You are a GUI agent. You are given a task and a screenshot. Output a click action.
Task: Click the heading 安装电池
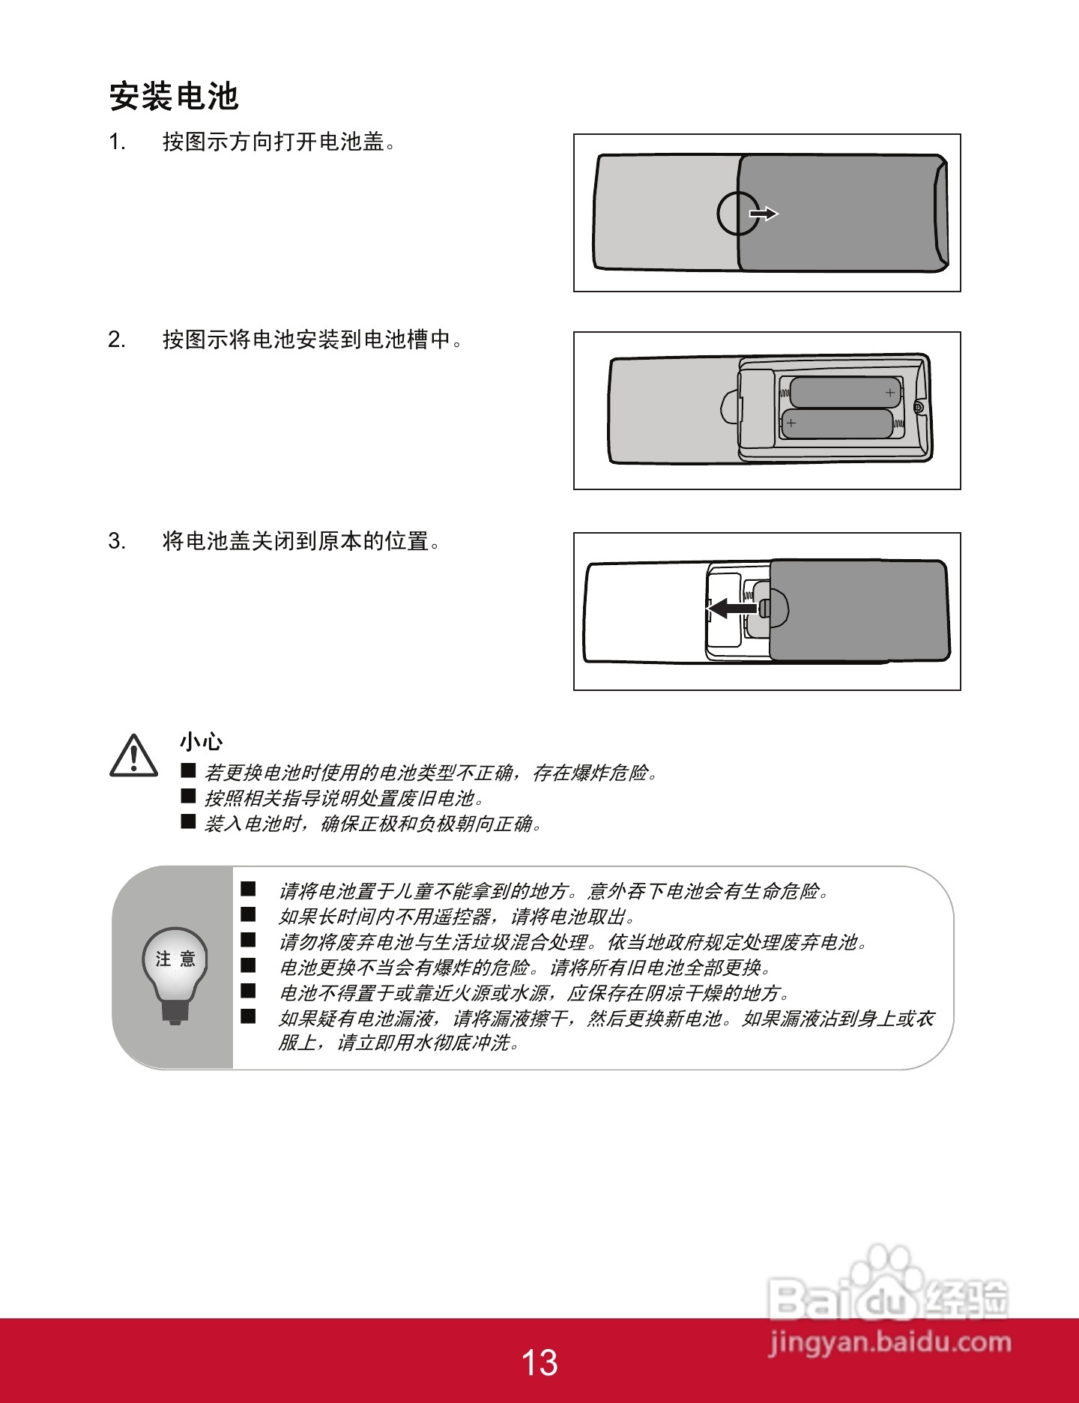click(x=174, y=97)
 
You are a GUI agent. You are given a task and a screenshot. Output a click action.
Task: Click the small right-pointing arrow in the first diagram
click(x=764, y=214)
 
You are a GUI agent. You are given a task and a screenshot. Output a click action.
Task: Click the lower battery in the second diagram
click(x=838, y=424)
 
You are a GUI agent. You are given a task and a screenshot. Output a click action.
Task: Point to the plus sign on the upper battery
click(x=890, y=392)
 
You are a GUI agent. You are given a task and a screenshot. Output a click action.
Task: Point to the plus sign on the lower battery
click(x=791, y=423)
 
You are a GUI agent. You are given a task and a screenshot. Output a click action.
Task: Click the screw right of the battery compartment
click(x=919, y=406)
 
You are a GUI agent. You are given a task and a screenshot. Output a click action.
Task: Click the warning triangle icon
click(x=133, y=755)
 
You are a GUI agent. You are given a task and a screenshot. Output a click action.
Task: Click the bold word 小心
click(x=201, y=741)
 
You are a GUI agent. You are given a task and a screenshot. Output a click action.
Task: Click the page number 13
click(x=539, y=1363)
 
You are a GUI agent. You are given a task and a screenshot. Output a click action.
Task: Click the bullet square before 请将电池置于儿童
click(x=248, y=889)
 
